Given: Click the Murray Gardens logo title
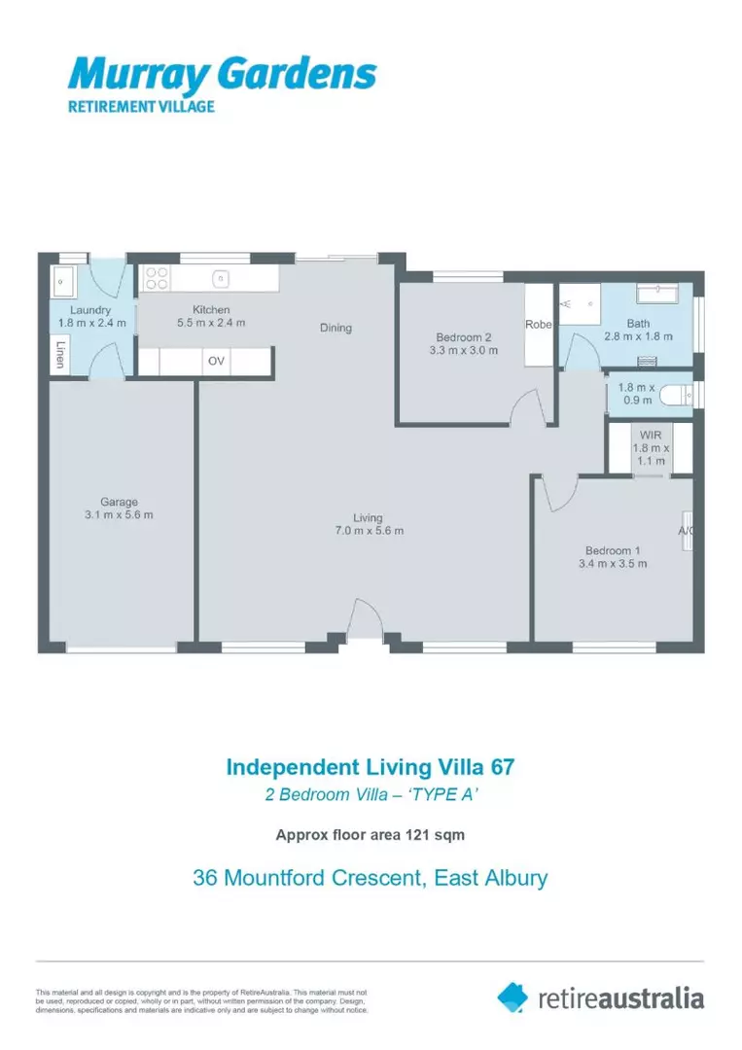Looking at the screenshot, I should [x=221, y=75].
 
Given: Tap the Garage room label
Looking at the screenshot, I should [x=119, y=503].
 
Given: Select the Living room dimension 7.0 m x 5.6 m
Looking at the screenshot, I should [x=368, y=531].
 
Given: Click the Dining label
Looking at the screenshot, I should [x=336, y=328].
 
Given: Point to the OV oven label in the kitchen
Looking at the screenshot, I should [x=216, y=361].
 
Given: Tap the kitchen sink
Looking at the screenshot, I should [x=222, y=279].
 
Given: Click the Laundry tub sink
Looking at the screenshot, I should [x=62, y=282].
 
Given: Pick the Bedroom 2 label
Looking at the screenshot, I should [x=464, y=336].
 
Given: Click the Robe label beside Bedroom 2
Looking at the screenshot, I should [x=538, y=325].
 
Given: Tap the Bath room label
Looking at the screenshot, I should [x=638, y=324].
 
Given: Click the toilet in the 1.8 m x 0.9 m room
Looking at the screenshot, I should [x=682, y=395].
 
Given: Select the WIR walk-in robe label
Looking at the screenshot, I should [x=651, y=437].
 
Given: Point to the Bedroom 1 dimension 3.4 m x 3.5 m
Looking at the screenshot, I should [x=613, y=563].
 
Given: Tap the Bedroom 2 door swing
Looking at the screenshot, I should [x=526, y=406].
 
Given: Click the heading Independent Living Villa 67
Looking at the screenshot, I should [x=371, y=766].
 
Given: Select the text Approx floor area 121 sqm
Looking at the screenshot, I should [x=371, y=834].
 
